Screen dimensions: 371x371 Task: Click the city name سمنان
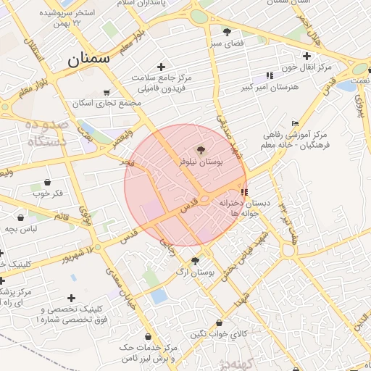[x=88, y=60]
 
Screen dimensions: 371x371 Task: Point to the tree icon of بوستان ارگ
[x=195, y=261]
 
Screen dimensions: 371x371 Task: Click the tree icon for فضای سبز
[x=228, y=31]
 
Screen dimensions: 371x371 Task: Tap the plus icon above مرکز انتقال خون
[x=307, y=56]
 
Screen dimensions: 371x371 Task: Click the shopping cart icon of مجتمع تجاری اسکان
[x=107, y=92]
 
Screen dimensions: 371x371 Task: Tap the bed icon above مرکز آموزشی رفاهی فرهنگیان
[x=293, y=122]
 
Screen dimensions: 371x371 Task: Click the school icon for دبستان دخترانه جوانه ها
[x=244, y=193]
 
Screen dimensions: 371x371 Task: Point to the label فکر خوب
[x=48, y=194]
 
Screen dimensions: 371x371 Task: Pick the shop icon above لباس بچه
[x=21, y=215]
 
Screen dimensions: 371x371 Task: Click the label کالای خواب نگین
[x=220, y=335]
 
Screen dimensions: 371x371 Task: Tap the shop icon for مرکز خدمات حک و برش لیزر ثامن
[x=149, y=337]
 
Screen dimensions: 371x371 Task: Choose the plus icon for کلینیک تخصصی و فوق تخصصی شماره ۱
[x=71, y=298]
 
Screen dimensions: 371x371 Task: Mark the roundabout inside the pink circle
[x=207, y=199]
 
